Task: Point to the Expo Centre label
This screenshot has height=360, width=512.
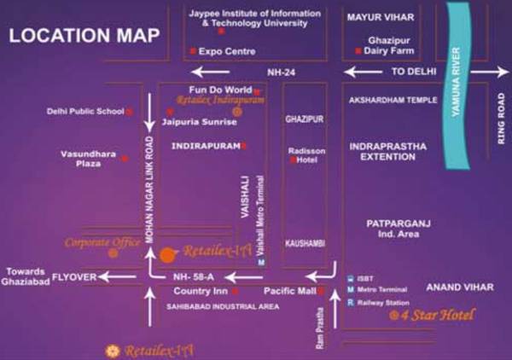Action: [x=227, y=52]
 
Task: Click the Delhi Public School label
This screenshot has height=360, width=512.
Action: [x=85, y=111]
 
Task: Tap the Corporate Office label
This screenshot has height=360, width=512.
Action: [x=102, y=242]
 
